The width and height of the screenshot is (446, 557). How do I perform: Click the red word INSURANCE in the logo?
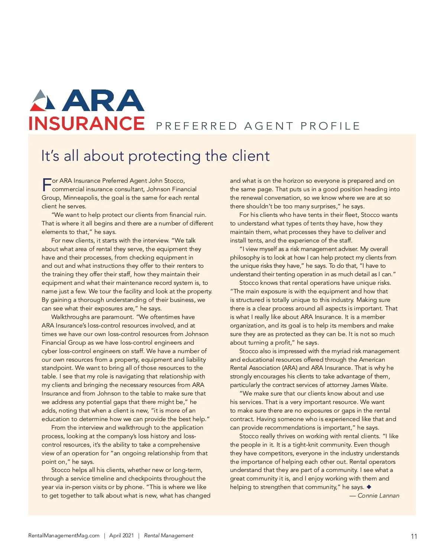pyautogui.click(x=87, y=124)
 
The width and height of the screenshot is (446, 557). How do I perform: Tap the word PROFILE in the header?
pyautogui.click(x=330, y=126)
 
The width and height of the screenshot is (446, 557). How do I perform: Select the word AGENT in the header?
pyautogui.click(x=269, y=126)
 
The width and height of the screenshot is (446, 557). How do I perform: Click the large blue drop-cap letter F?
pyautogui.click(x=46, y=185)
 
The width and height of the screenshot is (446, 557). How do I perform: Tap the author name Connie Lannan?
pyautogui.click(x=378, y=496)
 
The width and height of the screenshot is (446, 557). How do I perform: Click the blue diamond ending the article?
pyautogui.click(x=369, y=487)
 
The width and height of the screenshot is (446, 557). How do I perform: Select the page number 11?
pyautogui.click(x=414, y=536)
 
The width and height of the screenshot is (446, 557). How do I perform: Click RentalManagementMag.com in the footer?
pyautogui.click(x=64, y=535)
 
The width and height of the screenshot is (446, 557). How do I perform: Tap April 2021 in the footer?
pyautogui.click(x=121, y=535)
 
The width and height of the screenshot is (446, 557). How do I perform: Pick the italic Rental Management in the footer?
pyautogui.click(x=169, y=535)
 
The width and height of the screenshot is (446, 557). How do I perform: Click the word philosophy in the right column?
pyautogui.click(x=245, y=258)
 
